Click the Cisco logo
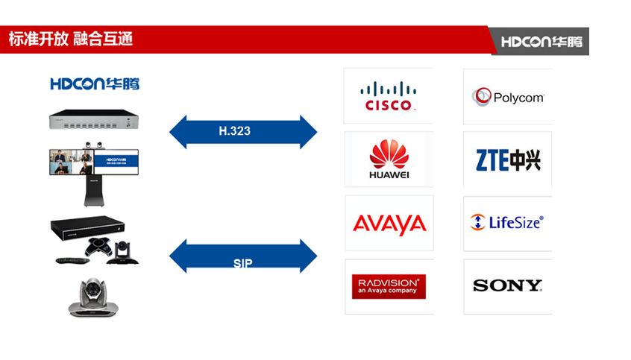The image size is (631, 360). [388, 95]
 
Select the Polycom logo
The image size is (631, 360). [507, 97]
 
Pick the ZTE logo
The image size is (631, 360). [507, 160]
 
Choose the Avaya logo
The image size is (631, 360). [389, 224]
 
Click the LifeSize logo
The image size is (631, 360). [507, 221]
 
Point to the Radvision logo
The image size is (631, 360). [389, 287]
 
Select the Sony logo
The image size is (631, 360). [507, 285]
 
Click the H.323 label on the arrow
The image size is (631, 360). [234, 130]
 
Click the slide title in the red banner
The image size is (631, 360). [71, 40]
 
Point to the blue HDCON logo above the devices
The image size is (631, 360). [95, 83]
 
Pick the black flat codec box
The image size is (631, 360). [88, 227]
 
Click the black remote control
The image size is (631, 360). [69, 260]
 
